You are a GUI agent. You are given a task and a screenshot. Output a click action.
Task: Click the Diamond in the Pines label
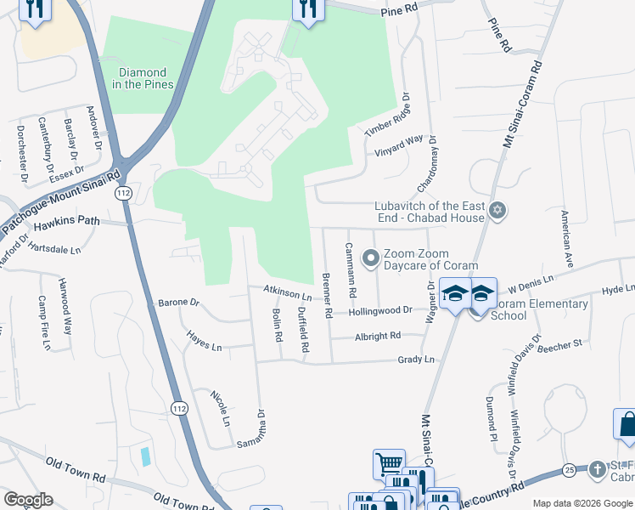(x=143, y=78)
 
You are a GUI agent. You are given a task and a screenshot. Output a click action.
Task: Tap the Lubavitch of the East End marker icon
(x=497, y=210)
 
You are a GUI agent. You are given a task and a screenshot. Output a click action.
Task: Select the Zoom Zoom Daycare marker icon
(x=370, y=257)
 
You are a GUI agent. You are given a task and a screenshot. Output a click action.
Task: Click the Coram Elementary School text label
(x=537, y=309)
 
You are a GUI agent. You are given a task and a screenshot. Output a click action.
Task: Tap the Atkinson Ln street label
(x=288, y=293)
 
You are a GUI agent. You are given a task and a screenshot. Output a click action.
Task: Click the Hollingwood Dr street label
(x=379, y=311)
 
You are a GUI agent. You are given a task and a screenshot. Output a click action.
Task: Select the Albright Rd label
(x=378, y=337)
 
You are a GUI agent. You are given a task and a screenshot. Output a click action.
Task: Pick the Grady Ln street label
(x=416, y=360)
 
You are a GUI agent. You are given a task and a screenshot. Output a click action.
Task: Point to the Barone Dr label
(x=178, y=303)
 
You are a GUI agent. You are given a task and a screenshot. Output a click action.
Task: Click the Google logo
(x=28, y=500)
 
